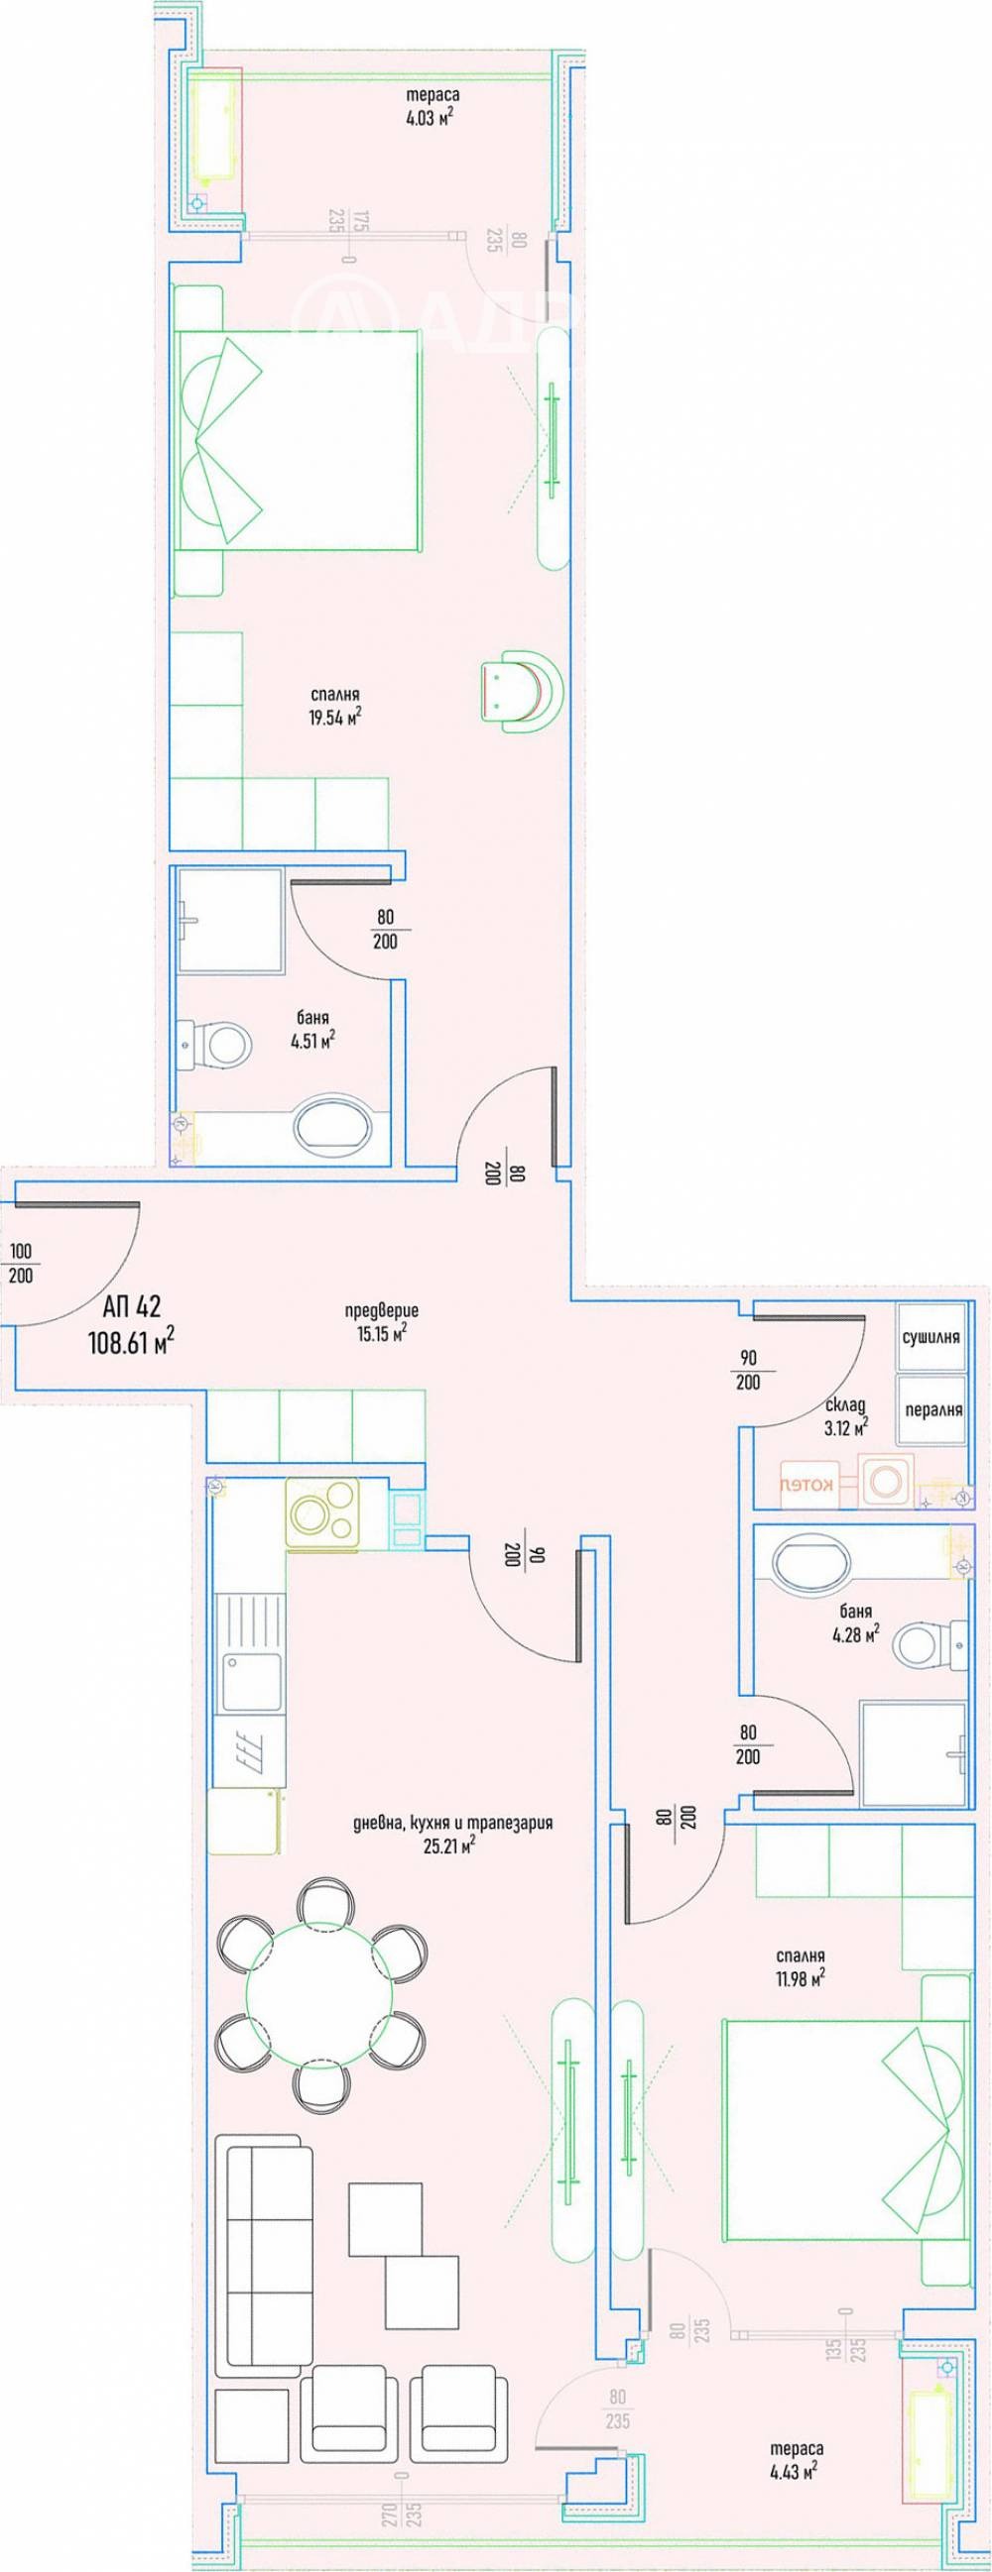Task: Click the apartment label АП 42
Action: click(131, 1306)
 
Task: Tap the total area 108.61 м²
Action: click(131, 1342)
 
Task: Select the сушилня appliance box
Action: click(931, 1336)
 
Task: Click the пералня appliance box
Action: click(932, 1409)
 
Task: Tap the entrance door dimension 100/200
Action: click(21, 1263)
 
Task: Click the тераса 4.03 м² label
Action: click(432, 107)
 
